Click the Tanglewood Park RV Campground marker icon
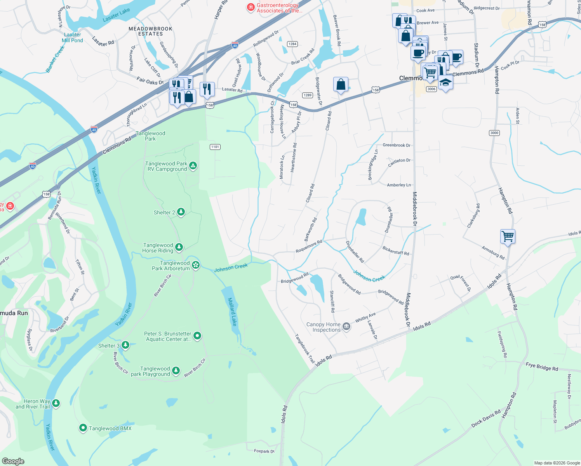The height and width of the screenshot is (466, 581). (193, 166)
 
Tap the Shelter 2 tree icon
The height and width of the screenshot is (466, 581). (181, 212)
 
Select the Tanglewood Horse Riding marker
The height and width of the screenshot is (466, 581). (179, 247)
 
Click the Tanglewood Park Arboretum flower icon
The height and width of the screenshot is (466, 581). (196, 265)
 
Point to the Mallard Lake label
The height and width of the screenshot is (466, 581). (232, 311)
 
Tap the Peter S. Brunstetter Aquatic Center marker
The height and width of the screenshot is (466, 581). (197, 336)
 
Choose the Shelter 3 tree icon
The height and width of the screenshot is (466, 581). (125, 345)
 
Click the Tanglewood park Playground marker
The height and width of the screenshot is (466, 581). (176, 370)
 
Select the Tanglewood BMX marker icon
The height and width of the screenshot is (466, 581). (83, 428)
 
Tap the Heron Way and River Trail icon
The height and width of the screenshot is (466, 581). (56, 403)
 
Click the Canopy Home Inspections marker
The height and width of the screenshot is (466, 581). (346, 327)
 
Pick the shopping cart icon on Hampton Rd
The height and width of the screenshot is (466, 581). (508, 236)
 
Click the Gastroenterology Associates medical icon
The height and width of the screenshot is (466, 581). (251, 7)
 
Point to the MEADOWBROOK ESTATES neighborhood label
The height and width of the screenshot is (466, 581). (150, 31)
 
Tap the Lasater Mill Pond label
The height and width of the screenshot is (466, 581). (72, 38)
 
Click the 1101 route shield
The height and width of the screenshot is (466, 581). (215, 147)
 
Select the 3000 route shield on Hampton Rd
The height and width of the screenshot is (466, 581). (494, 133)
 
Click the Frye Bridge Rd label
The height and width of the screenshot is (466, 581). (542, 367)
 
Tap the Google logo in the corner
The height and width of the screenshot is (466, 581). (13, 461)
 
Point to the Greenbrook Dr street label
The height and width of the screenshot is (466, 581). (396, 145)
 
